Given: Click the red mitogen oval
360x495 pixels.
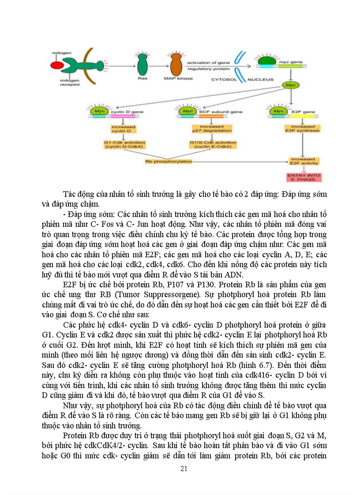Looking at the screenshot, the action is (x=56, y=66).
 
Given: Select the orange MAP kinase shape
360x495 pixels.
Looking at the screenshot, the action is (x=176, y=65).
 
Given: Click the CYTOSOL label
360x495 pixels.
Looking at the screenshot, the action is (x=225, y=80).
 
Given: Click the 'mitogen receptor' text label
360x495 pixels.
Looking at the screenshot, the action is (x=67, y=83).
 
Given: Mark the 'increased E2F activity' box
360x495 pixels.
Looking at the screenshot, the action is (x=302, y=161).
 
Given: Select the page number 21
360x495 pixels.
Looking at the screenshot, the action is (x=184, y=468).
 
